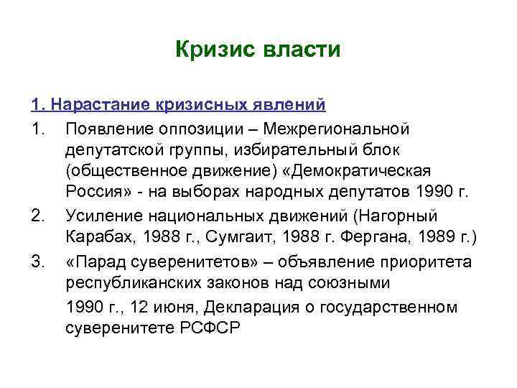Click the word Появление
[x=108, y=129]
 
